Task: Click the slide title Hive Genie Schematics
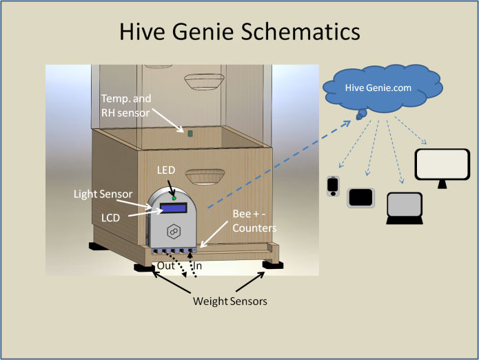tap(239, 32)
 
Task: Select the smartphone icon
tap(333, 187)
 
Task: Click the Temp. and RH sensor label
tap(126, 106)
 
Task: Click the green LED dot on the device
tap(174, 199)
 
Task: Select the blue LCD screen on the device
tap(175, 207)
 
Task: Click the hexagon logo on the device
tap(175, 230)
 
